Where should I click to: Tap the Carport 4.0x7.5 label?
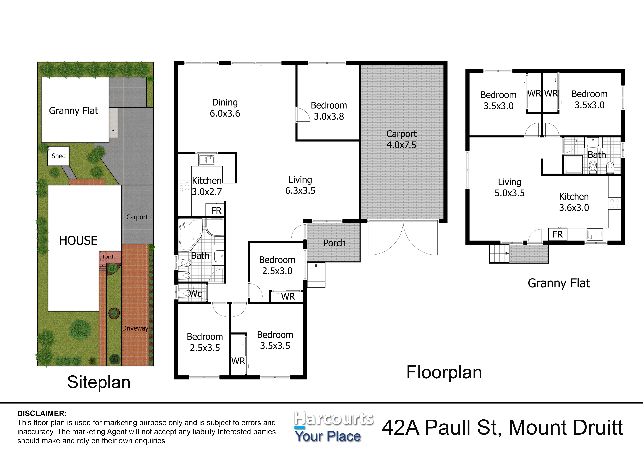[x=401, y=139]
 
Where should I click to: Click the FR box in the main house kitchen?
[x=216, y=210]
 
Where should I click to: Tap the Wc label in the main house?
[x=195, y=293]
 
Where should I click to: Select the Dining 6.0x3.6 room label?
[x=225, y=108]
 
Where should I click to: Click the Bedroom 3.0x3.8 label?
[x=329, y=111]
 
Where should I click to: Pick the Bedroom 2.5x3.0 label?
[x=277, y=265]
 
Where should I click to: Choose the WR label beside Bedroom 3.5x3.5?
[x=238, y=361]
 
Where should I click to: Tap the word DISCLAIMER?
[x=42, y=413]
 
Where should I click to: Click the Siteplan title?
[x=99, y=382]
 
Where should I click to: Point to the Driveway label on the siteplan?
[x=135, y=328]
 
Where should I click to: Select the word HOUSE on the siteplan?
[x=78, y=241]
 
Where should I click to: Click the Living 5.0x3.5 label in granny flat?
[x=509, y=187]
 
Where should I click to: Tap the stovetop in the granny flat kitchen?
[x=614, y=203]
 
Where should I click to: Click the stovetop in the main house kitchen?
[x=185, y=187]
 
